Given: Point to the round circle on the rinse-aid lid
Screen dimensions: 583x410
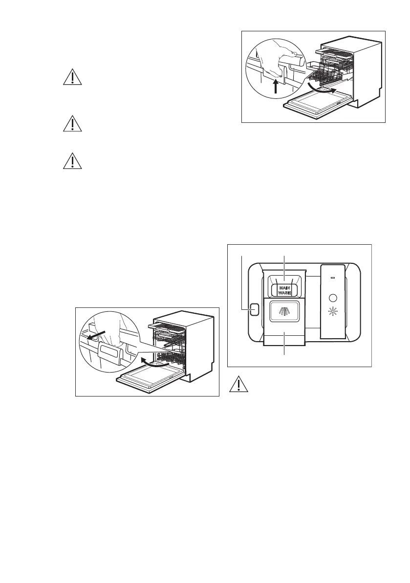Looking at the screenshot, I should click(x=334, y=297).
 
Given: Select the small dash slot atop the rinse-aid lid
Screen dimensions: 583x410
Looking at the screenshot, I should click(x=334, y=277).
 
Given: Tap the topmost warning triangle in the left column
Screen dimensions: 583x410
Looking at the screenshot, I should click(x=72, y=78).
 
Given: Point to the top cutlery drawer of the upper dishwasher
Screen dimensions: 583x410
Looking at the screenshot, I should click(x=333, y=50).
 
